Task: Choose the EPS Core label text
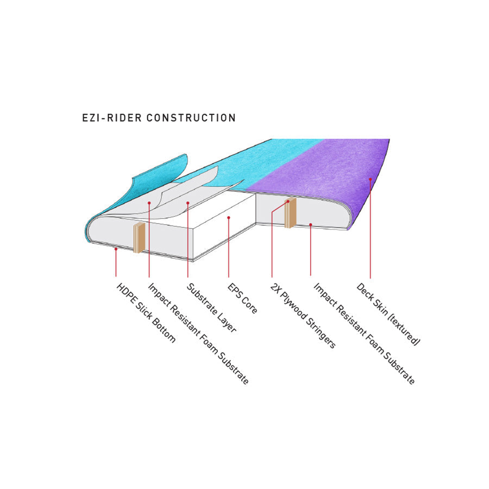[x=243, y=297]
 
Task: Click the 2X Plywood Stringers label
[x=302, y=315]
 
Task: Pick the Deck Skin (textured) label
[x=388, y=314]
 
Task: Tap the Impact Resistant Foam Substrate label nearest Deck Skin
[x=364, y=333]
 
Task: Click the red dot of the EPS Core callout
[x=229, y=218]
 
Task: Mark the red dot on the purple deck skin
[x=371, y=178]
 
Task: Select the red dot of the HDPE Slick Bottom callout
[x=116, y=248]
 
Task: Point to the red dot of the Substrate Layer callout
[x=187, y=204]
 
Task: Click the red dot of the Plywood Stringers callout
[x=288, y=201]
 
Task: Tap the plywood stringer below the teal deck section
[x=139, y=237]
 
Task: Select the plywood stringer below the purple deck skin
[x=290, y=213]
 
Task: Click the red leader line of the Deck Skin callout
[x=371, y=228]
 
